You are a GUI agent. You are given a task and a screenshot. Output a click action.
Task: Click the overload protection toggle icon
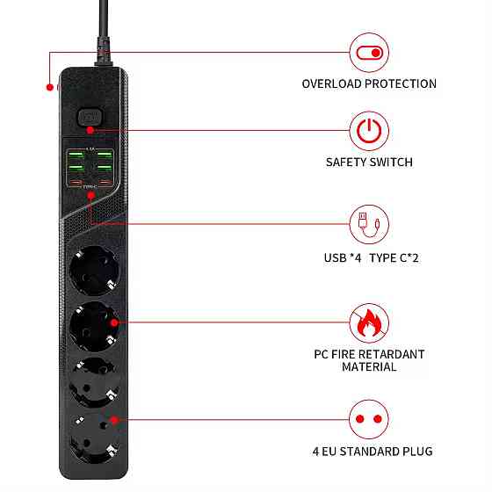point(369,53)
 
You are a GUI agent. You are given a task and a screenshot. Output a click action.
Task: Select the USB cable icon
point(369,226)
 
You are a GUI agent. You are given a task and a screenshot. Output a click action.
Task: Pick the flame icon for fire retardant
point(369,323)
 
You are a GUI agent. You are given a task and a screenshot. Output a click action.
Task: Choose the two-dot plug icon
point(369,419)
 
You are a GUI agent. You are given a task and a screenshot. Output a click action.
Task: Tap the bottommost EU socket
point(91,439)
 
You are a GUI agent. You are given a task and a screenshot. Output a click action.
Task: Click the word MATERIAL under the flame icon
point(369,367)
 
